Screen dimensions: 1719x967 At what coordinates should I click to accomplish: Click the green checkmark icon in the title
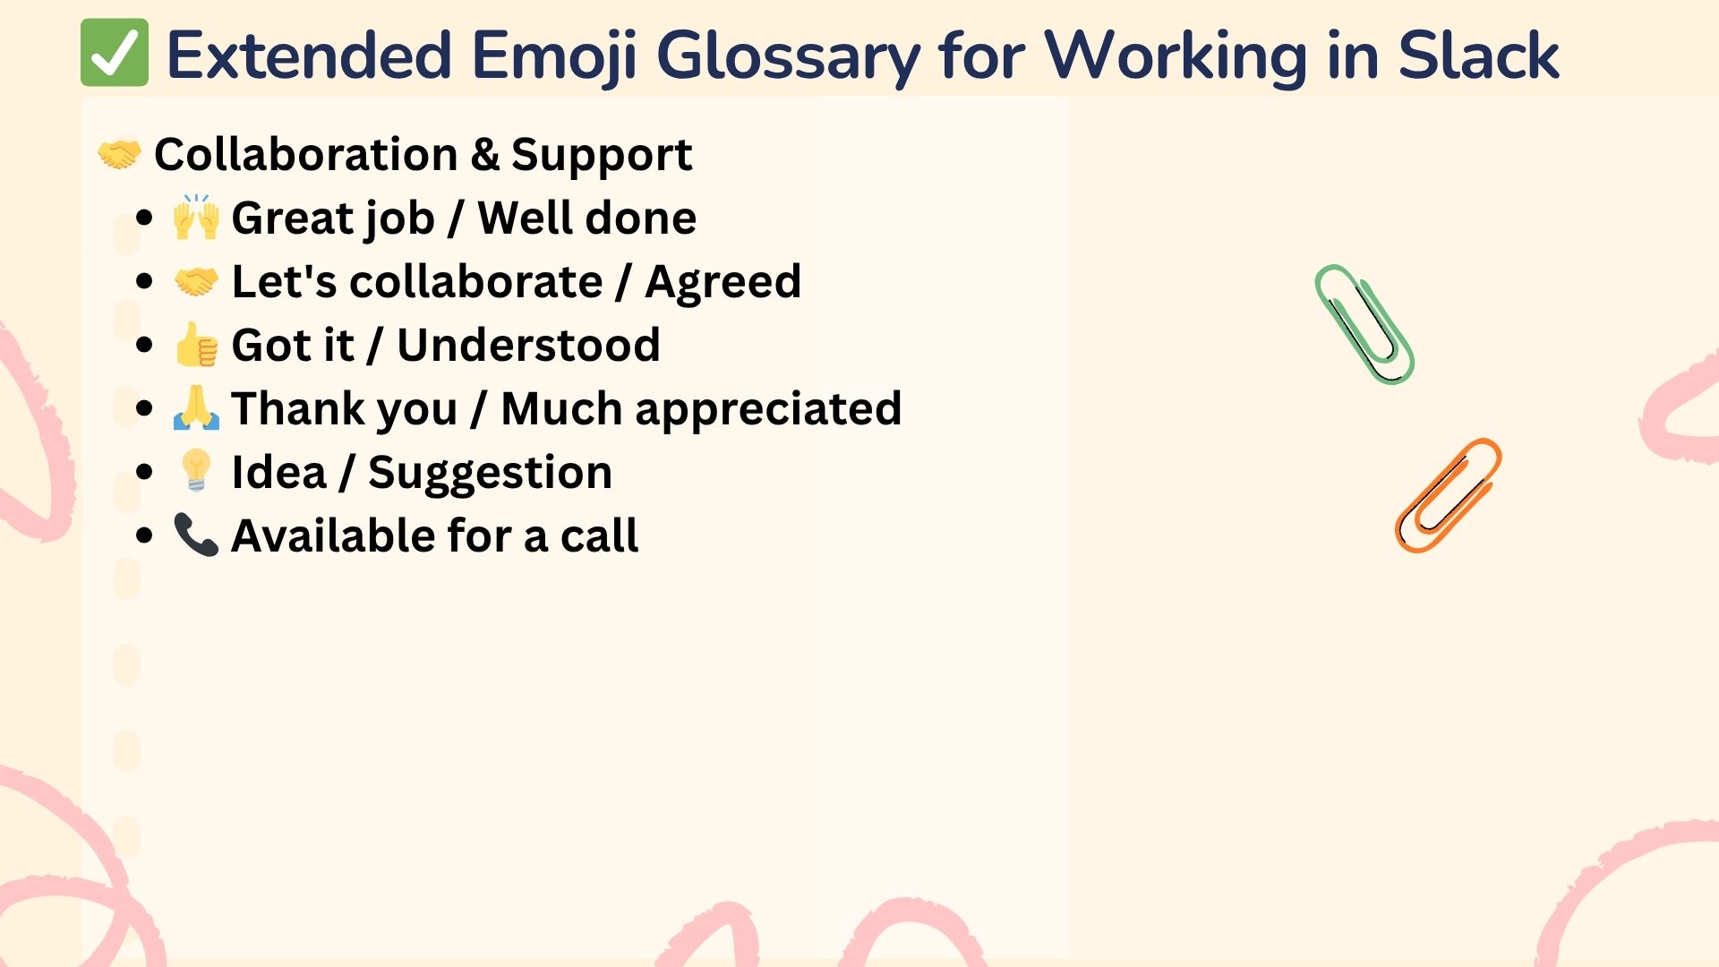[115, 53]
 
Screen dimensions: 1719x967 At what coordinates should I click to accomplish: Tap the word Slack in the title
[1478, 56]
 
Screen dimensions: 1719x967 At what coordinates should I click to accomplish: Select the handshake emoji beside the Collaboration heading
[119, 154]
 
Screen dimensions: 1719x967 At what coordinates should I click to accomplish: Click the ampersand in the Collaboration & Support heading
[484, 154]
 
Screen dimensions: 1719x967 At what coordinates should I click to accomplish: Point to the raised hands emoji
[196, 218]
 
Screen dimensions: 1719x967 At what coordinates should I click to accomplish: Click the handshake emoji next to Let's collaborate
[196, 282]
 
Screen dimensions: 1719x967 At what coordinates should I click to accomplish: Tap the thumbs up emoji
[196, 345]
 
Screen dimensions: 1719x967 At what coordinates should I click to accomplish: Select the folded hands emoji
[196, 408]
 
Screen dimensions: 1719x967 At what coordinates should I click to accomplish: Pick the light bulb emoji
[196, 471]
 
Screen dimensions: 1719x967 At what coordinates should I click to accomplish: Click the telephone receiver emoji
[196, 535]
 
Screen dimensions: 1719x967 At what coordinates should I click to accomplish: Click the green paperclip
[1364, 324]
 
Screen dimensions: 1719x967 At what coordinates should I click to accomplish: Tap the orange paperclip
[1448, 495]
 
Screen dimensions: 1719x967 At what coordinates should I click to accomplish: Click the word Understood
[528, 345]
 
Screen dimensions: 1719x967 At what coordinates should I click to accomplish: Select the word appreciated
[768, 410]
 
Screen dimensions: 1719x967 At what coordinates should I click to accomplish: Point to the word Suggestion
[490, 474]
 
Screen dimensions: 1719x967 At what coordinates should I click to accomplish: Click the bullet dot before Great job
[145, 218]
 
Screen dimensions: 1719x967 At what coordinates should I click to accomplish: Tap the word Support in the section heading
[602, 156]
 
